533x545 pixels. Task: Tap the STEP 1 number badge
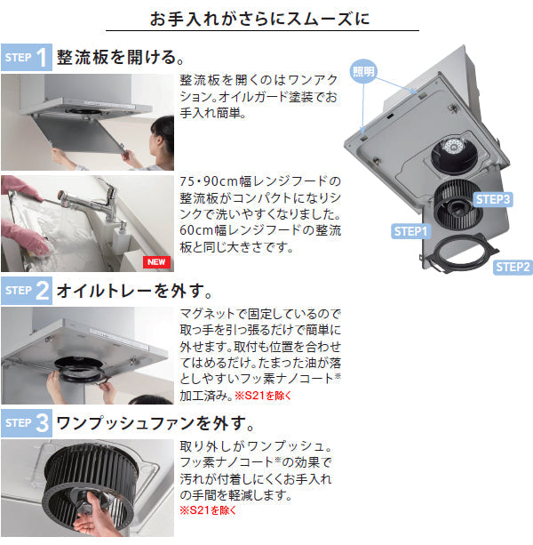click(x=42, y=59)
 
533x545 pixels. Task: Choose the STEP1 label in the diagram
click(x=410, y=231)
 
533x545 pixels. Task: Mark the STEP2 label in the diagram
click(x=513, y=266)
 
